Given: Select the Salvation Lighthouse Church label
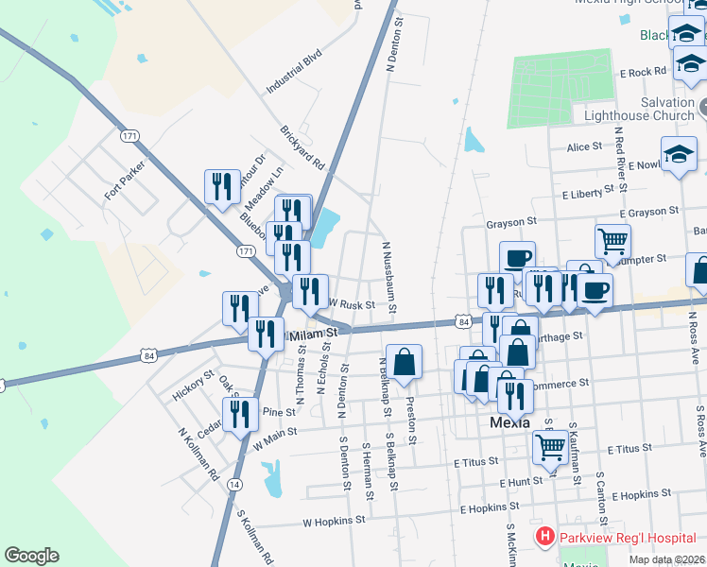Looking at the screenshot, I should [640, 109].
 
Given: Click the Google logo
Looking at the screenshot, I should [31, 556].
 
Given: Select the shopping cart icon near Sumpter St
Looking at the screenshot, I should [612, 241].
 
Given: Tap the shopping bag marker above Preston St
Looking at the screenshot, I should [404, 361].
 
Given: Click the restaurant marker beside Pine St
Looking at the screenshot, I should [240, 413].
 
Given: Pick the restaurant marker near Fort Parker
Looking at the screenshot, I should [222, 185].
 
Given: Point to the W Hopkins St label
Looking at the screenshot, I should [334, 521].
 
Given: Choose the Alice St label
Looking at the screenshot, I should [584, 146].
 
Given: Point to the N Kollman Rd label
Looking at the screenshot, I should [199, 453].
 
